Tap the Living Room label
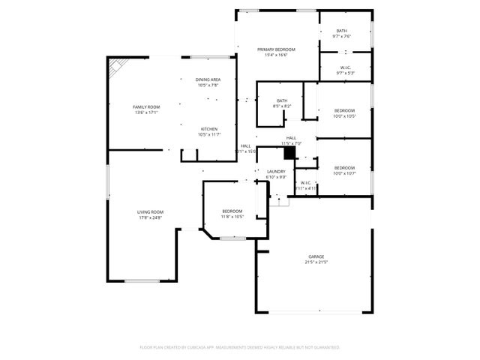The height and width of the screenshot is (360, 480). tap(150, 212)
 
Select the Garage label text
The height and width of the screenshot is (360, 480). tap(315, 256)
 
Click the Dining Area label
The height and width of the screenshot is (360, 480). tap(208, 79)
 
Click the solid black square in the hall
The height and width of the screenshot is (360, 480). tap(289, 152)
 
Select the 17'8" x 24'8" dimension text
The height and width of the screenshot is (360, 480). tap(150, 217)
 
